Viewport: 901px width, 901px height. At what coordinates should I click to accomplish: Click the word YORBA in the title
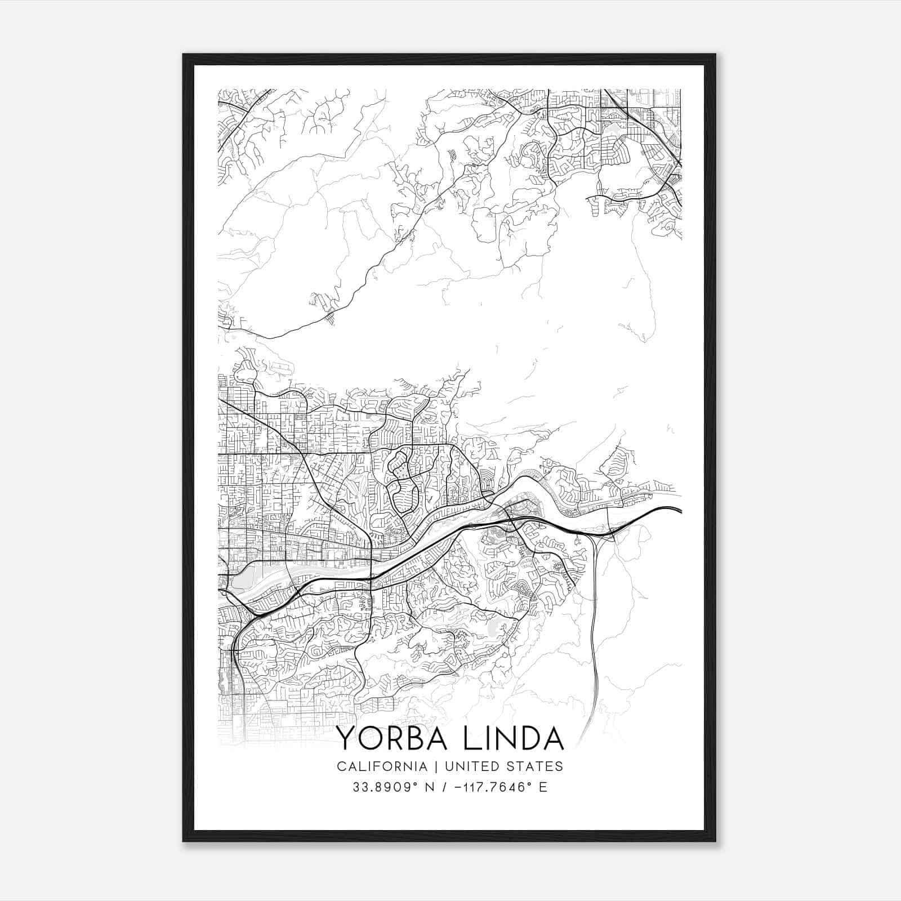392,739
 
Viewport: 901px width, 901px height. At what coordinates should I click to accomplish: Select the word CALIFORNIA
381,766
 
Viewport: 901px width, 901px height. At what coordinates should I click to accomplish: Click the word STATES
535,766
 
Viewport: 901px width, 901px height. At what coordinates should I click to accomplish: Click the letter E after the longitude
543,787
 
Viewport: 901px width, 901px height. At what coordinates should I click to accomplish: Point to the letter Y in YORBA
345,739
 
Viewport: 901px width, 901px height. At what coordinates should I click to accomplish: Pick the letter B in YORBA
416,739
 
